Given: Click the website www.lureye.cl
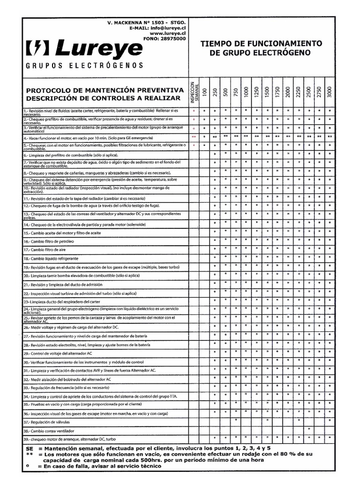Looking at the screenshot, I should (x=168, y=34).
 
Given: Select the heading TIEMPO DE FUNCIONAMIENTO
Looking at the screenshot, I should (x=261, y=44).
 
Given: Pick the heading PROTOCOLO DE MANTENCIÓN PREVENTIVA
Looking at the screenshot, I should (x=105, y=90).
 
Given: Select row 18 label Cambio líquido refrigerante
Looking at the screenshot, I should (x=56, y=258).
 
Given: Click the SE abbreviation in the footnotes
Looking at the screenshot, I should (x=29, y=448).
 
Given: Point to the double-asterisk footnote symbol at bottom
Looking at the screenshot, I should (x=29, y=454).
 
